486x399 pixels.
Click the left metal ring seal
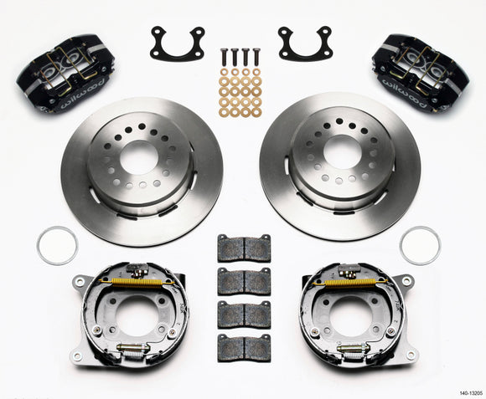coord(57,245)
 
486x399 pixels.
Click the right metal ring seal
coord(420,245)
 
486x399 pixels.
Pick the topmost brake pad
coord(244,248)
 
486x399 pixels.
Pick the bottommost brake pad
coord(244,346)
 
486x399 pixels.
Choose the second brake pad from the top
coord(244,281)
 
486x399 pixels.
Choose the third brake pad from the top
coord(244,315)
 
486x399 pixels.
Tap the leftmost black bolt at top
coord(225,57)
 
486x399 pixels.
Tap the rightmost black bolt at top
coord(256,57)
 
